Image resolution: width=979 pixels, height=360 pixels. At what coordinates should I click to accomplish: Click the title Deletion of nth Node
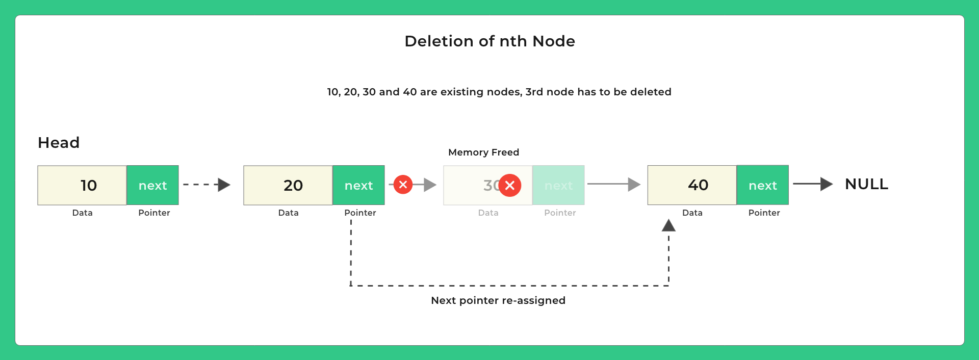click(x=489, y=41)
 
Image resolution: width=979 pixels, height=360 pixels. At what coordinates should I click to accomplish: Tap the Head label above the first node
click(x=59, y=143)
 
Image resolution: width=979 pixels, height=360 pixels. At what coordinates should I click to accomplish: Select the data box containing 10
click(x=82, y=185)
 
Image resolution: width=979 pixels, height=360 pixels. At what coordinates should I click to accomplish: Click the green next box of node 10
click(x=152, y=185)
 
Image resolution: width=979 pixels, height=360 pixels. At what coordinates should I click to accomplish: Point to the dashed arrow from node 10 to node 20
click(x=206, y=185)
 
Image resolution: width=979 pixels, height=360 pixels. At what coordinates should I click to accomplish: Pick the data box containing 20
click(x=288, y=185)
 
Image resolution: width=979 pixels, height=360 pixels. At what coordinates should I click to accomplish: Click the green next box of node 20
click(x=358, y=185)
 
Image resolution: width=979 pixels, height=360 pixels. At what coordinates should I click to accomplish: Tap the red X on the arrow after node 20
click(x=403, y=185)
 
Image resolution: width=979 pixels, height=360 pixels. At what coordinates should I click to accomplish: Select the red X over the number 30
click(x=510, y=185)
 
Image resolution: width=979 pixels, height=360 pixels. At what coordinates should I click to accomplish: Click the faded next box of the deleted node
click(x=558, y=185)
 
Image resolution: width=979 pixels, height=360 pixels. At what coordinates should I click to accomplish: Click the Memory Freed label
click(x=483, y=152)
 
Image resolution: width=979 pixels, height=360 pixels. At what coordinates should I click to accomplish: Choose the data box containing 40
click(x=692, y=185)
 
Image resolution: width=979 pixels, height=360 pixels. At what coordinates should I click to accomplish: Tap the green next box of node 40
click(x=762, y=185)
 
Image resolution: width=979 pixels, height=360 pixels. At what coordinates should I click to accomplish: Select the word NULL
click(x=866, y=184)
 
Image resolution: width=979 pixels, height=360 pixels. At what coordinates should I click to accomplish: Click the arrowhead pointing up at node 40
click(x=668, y=225)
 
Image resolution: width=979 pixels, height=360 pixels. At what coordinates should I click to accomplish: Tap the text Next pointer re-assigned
click(x=498, y=300)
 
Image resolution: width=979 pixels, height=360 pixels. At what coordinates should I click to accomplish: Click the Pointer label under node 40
click(x=764, y=213)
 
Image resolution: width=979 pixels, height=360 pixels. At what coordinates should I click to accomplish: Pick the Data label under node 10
click(x=82, y=213)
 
